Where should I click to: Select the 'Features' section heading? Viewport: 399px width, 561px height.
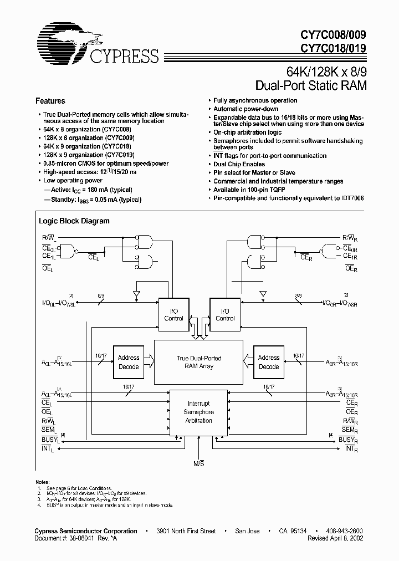50,101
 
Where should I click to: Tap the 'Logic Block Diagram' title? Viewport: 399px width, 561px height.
74,221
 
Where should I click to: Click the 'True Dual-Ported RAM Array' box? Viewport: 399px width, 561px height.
199,362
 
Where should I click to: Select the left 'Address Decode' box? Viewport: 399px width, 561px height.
129,362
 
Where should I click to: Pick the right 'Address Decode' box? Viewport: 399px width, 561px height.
269,362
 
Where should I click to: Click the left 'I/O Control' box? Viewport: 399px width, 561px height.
173,314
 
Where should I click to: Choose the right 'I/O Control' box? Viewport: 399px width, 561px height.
224,314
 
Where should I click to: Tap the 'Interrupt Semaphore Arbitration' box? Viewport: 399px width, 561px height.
198,412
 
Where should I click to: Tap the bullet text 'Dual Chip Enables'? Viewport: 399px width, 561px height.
239,164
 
